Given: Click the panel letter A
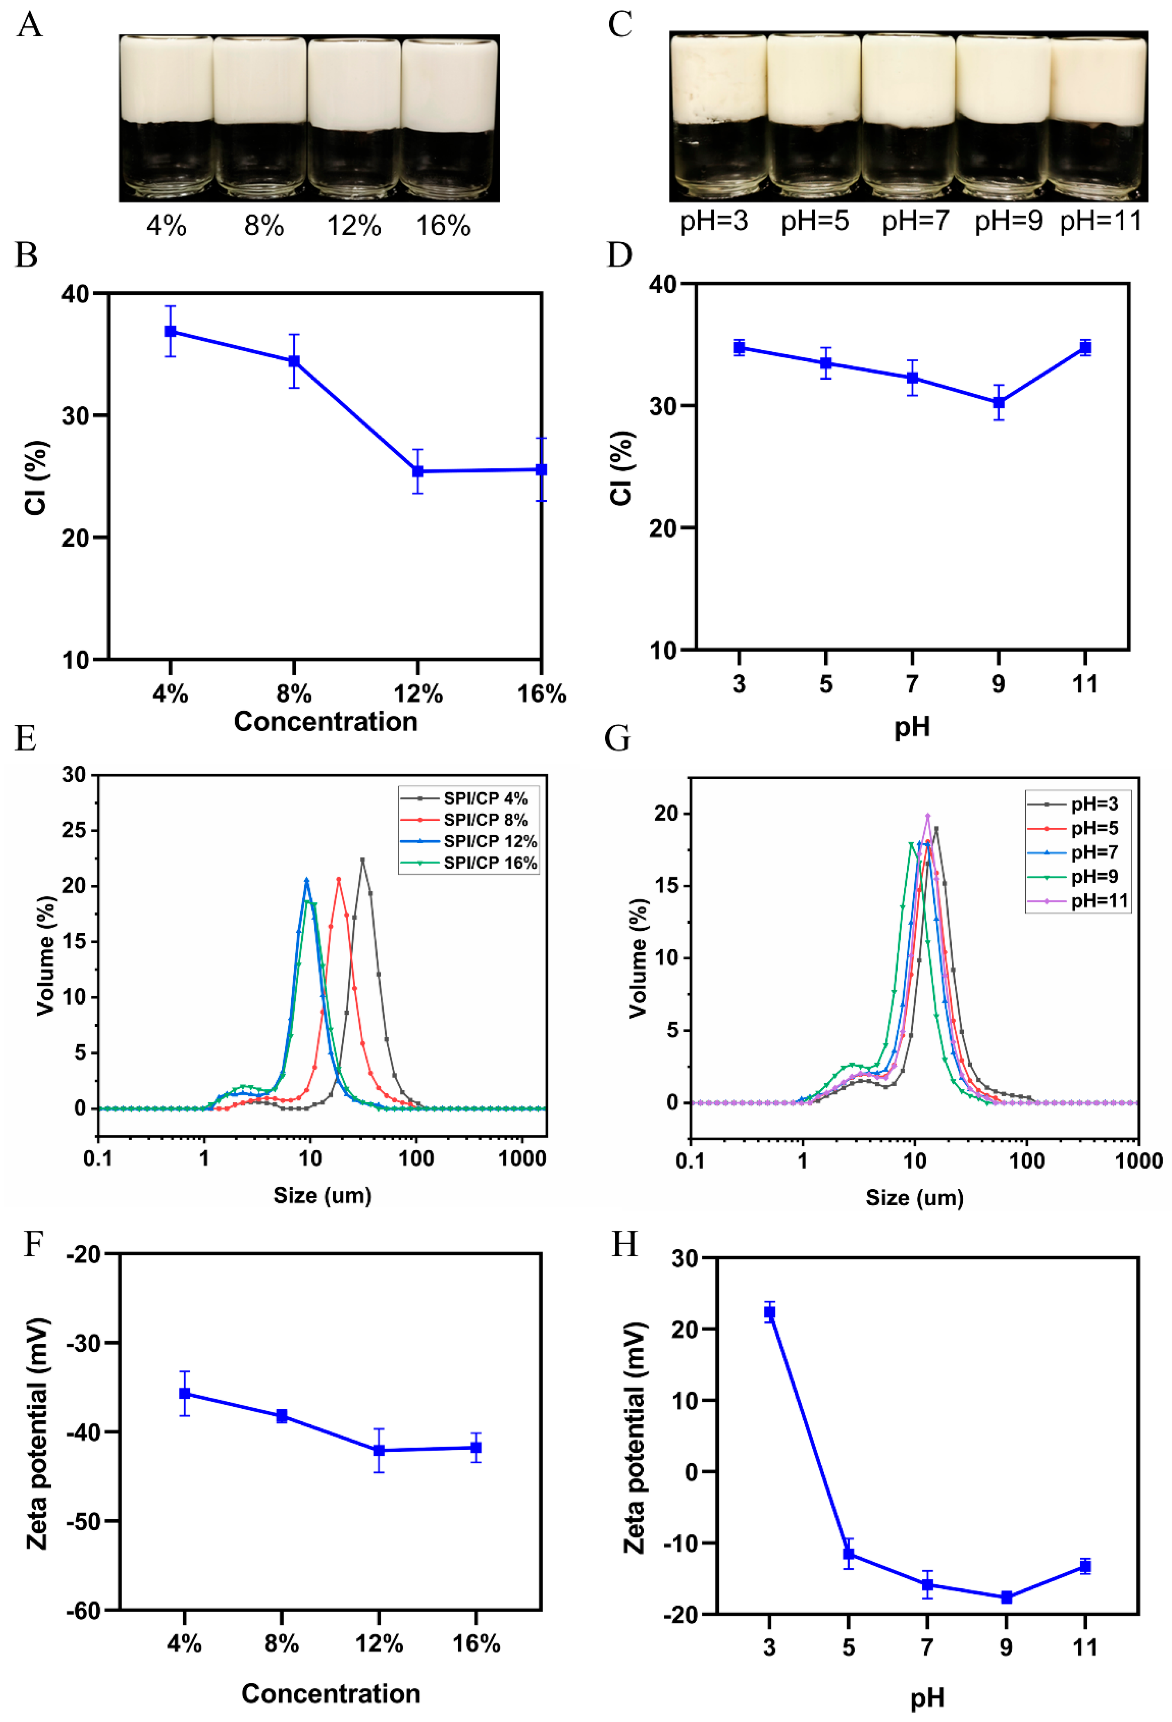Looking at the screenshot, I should pyautogui.click(x=30, y=24).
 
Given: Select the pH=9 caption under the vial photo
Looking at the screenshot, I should pyautogui.click(x=1008, y=220).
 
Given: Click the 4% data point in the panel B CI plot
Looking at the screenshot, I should pyautogui.click(x=170, y=331).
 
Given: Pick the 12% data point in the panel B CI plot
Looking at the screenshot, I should pyautogui.click(x=418, y=471).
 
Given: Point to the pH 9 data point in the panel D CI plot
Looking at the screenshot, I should pyautogui.click(x=999, y=403).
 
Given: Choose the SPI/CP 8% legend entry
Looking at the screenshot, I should pyautogui.click(x=485, y=820).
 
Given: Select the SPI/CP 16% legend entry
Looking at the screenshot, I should pyautogui.click(x=489, y=862).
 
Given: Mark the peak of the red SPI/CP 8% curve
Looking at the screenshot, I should pyautogui.click(x=339, y=880).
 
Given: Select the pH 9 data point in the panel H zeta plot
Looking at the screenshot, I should pyautogui.click(x=1006, y=1597).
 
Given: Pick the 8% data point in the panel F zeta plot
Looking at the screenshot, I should pyautogui.click(x=282, y=1416).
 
